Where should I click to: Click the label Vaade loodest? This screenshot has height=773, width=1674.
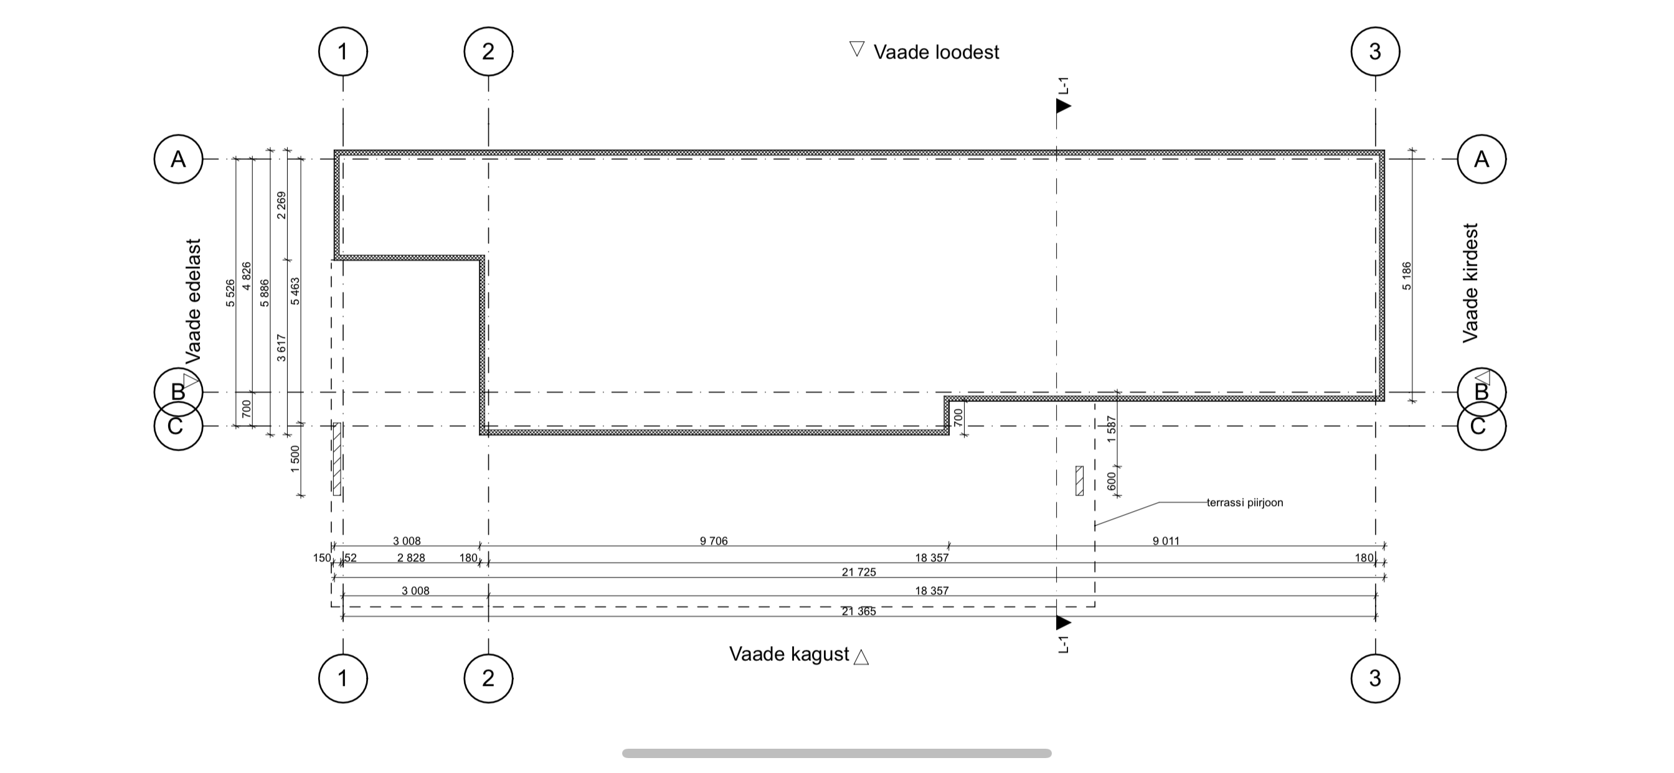(x=936, y=52)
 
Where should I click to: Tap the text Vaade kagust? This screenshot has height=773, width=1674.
(x=789, y=654)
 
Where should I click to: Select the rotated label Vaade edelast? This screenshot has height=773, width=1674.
(x=194, y=301)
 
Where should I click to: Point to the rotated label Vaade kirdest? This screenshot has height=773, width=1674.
(x=1470, y=283)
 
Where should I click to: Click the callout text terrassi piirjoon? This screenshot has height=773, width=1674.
(x=1244, y=503)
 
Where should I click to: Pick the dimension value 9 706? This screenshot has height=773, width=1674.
(x=714, y=541)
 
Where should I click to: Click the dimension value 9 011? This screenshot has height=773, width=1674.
(x=1166, y=541)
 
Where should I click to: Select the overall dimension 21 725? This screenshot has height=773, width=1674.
(x=858, y=572)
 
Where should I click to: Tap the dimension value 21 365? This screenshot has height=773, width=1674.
(x=858, y=611)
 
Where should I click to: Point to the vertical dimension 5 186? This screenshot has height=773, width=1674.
(x=1407, y=276)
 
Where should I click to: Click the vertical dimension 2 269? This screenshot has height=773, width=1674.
(x=281, y=205)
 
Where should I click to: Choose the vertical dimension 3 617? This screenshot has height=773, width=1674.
(x=281, y=347)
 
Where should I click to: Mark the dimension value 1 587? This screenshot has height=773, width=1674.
(x=1111, y=429)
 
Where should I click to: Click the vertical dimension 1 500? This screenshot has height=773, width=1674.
(x=296, y=459)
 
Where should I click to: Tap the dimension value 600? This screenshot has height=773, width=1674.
(x=1111, y=481)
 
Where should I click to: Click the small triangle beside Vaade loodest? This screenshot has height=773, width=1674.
(x=857, y=49)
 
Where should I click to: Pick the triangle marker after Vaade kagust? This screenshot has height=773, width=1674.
(x=861, y=657)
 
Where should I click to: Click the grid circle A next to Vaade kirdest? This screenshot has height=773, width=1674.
(x=1482, y=159)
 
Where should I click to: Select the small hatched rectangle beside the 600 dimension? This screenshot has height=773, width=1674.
(x=1079, y=480)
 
